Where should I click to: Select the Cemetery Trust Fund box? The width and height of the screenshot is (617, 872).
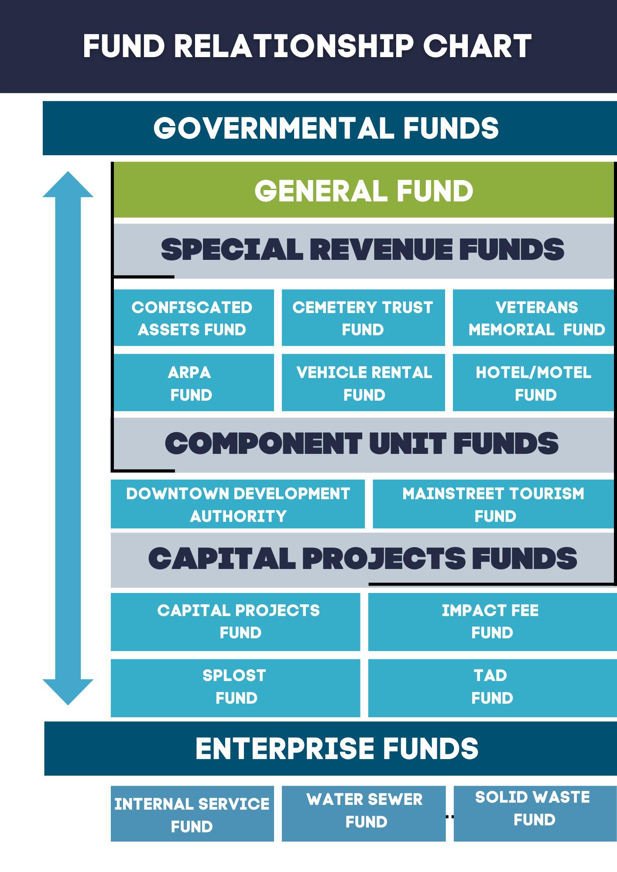(363, 318)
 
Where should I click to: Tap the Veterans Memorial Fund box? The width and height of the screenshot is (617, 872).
(534, 318)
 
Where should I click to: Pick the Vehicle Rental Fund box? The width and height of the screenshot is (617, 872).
(363, 382)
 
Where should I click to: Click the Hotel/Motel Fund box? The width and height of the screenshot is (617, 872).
(534, 382)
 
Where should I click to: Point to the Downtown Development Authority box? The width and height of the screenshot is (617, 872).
(238, 504)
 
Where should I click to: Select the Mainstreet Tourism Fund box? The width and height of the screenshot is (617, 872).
(494, 504)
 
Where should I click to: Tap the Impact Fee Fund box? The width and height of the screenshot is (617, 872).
(492, 622)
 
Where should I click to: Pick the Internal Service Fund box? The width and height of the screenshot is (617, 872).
(192, 814)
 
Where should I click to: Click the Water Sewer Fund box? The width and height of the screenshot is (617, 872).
(363, 814)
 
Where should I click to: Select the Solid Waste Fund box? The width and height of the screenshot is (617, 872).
(535, 814)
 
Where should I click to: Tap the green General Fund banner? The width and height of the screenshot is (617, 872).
(363, 191)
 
